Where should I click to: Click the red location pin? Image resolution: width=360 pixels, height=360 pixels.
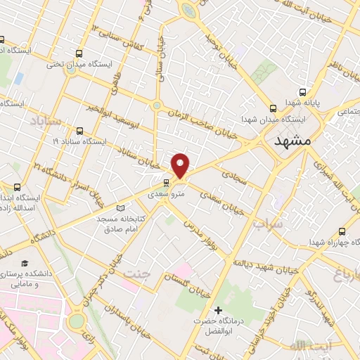181,165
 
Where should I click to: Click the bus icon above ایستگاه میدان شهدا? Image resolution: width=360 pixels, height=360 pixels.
273,108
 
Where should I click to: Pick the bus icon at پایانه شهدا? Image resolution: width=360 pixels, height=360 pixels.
303,91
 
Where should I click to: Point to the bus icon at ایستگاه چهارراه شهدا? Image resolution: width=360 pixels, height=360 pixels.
342,231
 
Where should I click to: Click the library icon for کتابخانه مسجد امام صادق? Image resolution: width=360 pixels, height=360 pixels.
121,209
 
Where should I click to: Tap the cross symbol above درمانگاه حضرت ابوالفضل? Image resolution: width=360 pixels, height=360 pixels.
219,310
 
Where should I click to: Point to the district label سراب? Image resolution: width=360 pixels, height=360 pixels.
267,224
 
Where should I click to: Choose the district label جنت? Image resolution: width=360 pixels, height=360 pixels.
138,272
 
